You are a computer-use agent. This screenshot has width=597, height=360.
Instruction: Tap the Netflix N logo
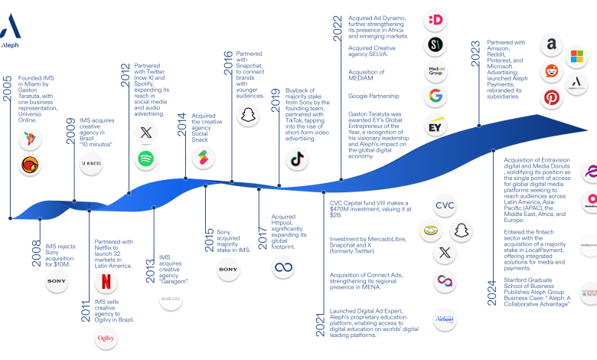pyautogui.click(x=105, y=281)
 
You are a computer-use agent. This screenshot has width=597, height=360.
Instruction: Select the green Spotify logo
pyautogui.click(x=145, y=159)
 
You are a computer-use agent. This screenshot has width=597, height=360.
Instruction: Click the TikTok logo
pyautogui.click(x=298, y=159)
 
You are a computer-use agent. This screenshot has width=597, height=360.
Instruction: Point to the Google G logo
pyautogui.click(x=436, y=97)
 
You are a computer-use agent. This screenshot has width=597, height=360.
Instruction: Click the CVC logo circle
pyautogui.click(x=445, y=205)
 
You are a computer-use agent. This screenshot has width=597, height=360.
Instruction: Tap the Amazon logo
pyautogui.click(x=551, y=46)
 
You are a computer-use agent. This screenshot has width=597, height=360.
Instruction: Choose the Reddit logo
pyautogui.click(x=551, y=72)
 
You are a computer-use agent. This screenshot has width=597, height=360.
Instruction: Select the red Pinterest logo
pyautogui.click(x=551, y=98)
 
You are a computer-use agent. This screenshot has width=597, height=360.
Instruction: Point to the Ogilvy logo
pyautogui.click(x=105, y=338)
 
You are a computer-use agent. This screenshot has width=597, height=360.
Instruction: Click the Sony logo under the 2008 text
pyautogui.click(x=57, y=282)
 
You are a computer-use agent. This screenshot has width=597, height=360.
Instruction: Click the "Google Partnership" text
pyautogui.click(x=374, y=97)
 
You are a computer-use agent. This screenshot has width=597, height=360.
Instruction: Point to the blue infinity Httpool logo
pyautogui.click(x=284, y=268)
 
